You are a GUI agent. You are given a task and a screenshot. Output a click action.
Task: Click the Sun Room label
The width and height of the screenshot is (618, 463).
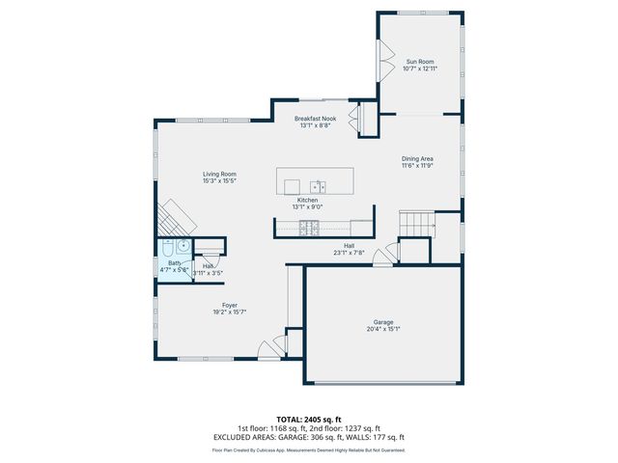point(418,62)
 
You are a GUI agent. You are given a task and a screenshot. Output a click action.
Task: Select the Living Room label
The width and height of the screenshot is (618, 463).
point(219,174)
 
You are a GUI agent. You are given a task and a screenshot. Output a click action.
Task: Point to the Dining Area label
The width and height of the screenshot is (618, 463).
point(417,158)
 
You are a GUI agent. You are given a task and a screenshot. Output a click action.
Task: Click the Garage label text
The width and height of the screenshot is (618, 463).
point(383,322)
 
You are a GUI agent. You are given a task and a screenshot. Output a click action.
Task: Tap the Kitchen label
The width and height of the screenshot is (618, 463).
point(307,200)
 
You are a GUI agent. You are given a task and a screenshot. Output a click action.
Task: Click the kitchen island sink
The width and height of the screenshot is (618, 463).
point(318,185)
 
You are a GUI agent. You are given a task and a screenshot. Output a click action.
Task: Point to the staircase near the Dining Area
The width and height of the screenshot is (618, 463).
point(417,224)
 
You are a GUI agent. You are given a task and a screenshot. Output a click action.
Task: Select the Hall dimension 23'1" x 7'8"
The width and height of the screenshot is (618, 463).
point(348,253)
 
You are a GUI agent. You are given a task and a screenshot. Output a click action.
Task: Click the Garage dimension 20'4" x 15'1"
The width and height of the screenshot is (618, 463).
point(383,329)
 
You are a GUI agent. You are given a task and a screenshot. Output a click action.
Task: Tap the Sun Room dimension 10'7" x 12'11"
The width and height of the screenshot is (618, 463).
point(418,68)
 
